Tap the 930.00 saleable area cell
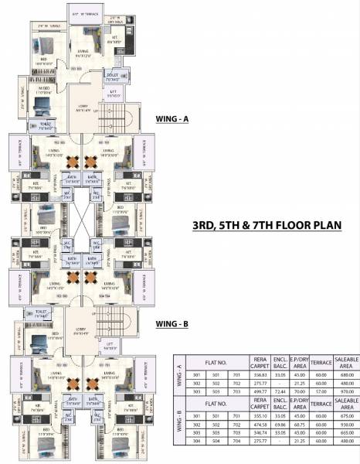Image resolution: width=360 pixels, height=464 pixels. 346,424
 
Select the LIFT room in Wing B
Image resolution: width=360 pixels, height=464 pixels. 112,346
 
